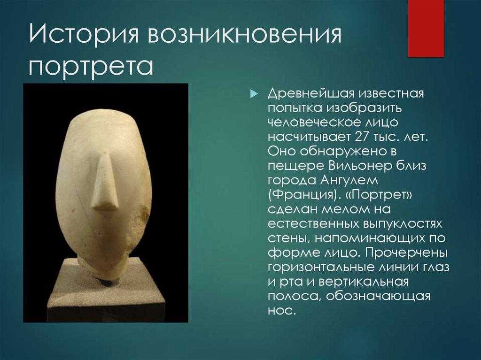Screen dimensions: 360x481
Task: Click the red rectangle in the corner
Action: (426, 28)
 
